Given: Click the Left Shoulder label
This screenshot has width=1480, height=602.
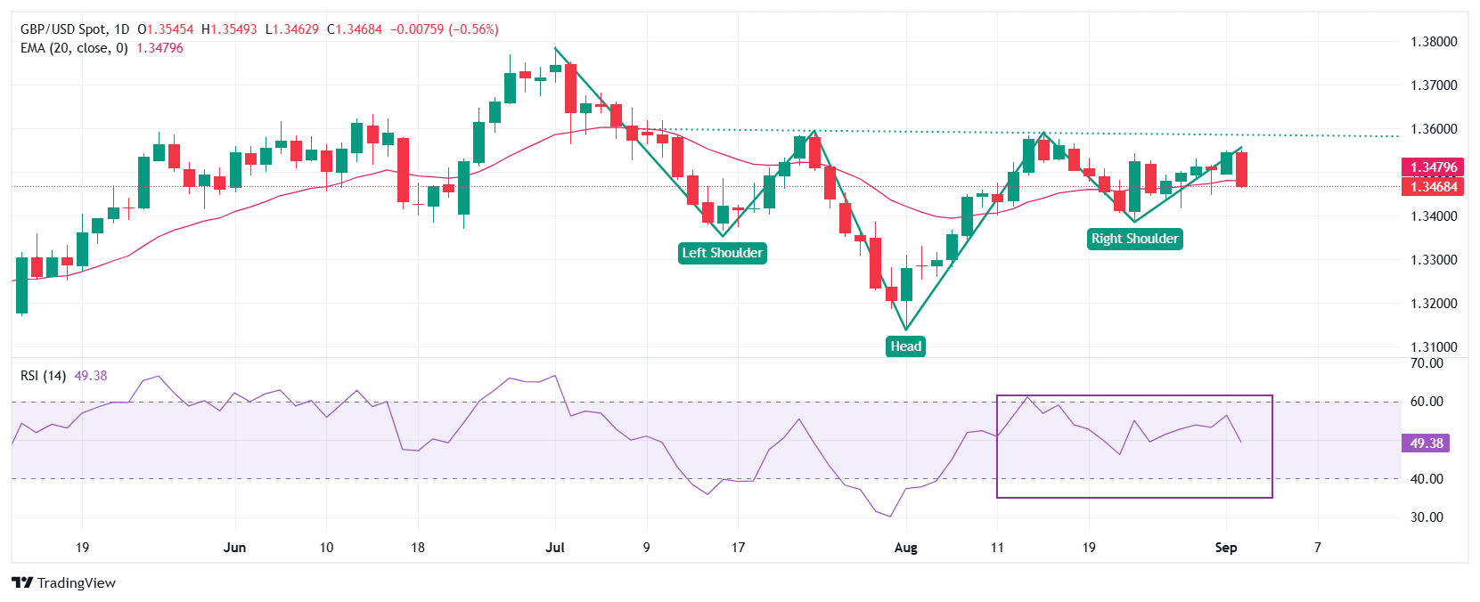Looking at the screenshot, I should [722, 253].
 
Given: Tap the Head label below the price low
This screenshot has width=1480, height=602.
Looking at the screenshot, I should [905, 346].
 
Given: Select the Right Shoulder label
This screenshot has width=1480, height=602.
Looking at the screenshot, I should [1134, 239].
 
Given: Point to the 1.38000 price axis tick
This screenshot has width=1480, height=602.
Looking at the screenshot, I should [1434, 42].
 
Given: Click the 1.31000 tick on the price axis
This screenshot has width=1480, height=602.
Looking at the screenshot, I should [1434, 347].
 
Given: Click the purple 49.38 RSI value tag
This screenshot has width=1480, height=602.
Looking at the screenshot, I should [1426, 443].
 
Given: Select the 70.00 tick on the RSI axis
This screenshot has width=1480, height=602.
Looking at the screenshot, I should [1427, 363].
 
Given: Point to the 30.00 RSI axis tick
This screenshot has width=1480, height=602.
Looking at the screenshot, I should [1427, 517].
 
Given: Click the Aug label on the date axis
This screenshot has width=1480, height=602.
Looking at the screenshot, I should [905, 548].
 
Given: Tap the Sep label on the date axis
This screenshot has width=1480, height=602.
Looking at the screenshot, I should [1226, 548].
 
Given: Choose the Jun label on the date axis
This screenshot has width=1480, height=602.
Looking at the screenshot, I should [234, 548].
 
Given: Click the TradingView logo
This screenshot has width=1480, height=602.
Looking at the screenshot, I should [64, 583].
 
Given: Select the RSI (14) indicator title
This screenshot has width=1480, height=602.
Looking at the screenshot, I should [43, 376].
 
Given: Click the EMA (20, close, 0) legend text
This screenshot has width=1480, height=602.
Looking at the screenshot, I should [74, 48].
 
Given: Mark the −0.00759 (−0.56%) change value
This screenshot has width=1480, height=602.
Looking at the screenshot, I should [444, 29].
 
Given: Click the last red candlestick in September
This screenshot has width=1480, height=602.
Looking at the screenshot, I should [1241, 169].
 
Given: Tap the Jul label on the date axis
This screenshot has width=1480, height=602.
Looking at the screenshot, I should [555, 548].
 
